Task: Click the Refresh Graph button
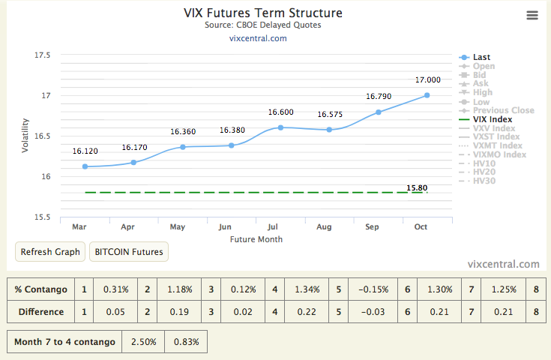50,252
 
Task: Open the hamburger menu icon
532,16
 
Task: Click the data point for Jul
280,127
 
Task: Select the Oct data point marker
427,95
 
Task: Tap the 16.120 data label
85,151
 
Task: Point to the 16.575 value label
330,115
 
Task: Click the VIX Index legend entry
492,119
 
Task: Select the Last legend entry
481,57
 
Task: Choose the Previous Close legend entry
503,110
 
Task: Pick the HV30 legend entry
484,181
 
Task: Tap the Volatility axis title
25,135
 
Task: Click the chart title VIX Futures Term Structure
263,13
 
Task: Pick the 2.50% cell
143,342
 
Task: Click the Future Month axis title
256,239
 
